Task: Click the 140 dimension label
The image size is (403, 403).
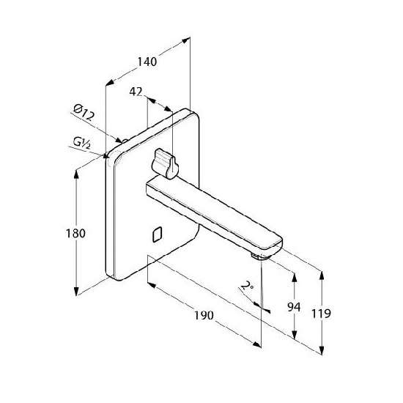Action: (147, 62)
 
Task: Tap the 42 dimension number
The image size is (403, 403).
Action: (136, 92)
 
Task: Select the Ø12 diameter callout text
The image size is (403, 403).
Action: (84, 113)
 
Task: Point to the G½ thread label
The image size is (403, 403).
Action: (82, 143)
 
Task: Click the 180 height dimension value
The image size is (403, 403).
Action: (75, 233)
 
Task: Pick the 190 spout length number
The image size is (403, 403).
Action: (204, 315)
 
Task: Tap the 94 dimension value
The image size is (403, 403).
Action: (294, 307)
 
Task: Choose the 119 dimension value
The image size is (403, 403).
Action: (321, 314)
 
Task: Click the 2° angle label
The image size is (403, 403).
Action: (247, 286)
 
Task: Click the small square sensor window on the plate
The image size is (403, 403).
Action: (157, 234)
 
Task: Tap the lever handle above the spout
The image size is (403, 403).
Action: (165, 163)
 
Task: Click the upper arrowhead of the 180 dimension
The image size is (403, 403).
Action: (76, 174)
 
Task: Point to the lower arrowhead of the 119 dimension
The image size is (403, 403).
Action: (321, 350)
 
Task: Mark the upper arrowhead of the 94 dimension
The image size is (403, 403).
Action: (295, 277)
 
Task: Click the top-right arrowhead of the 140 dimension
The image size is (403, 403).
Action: (185, 40)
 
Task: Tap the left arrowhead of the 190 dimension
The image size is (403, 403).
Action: (152, 285)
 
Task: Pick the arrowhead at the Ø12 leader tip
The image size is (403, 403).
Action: (119, 140)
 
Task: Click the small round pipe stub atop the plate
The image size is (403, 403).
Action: (125, 141)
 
